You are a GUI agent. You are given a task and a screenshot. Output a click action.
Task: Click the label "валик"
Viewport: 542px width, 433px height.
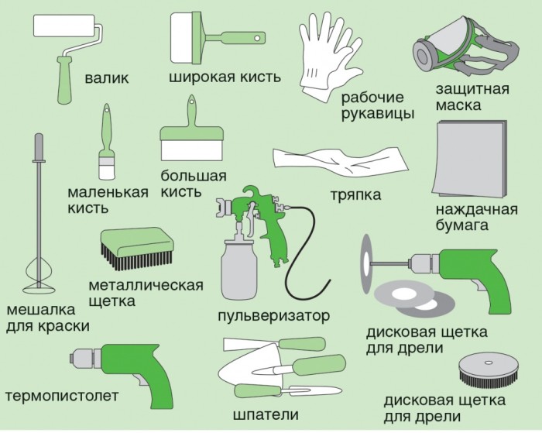pyautogui.click(x=108, y=78)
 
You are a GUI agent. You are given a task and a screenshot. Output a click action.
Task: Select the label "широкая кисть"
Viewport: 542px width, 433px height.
pyautogui.click(x=224, y=78)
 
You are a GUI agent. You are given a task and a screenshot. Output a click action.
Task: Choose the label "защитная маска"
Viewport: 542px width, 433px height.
pyautogui.click(x=472, y=97)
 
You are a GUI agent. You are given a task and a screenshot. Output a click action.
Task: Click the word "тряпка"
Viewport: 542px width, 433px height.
pyautogui.click(x=354, y=194)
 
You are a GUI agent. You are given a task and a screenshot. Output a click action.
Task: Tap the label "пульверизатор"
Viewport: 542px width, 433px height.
pyautogui.click(x=273, y=316)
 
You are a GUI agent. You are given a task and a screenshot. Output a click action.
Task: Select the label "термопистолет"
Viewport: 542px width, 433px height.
pyautogui.click(x=62, y=396)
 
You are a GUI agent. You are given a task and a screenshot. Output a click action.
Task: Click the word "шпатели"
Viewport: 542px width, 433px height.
pyautogui.click(x=270, y=414)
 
